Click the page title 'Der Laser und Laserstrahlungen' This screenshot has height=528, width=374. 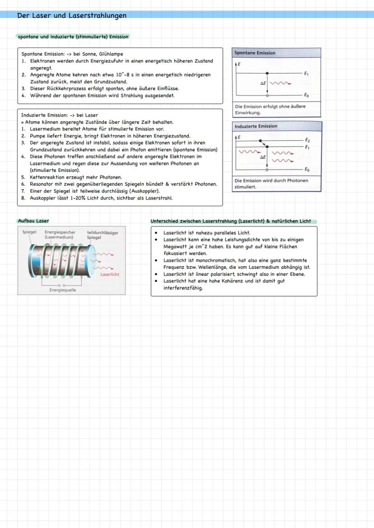click(71, 15)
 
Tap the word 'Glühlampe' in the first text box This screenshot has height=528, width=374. click(111, 54)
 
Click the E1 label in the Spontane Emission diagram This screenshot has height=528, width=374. click(306, 73)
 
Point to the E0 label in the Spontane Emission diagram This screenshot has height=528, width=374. click(306, 95)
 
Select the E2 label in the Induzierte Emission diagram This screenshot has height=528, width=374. click(307, 140)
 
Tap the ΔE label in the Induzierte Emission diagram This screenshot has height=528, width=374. click(262, 158)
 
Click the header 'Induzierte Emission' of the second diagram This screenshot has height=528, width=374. click(256, 126)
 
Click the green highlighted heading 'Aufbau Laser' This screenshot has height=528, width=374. click(33, 221)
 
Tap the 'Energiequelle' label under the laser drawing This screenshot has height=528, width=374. click(63, 290)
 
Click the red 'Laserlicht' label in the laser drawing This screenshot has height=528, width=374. click(110, 274)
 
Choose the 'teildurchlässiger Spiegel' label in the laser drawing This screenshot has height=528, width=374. click(102, 235)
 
